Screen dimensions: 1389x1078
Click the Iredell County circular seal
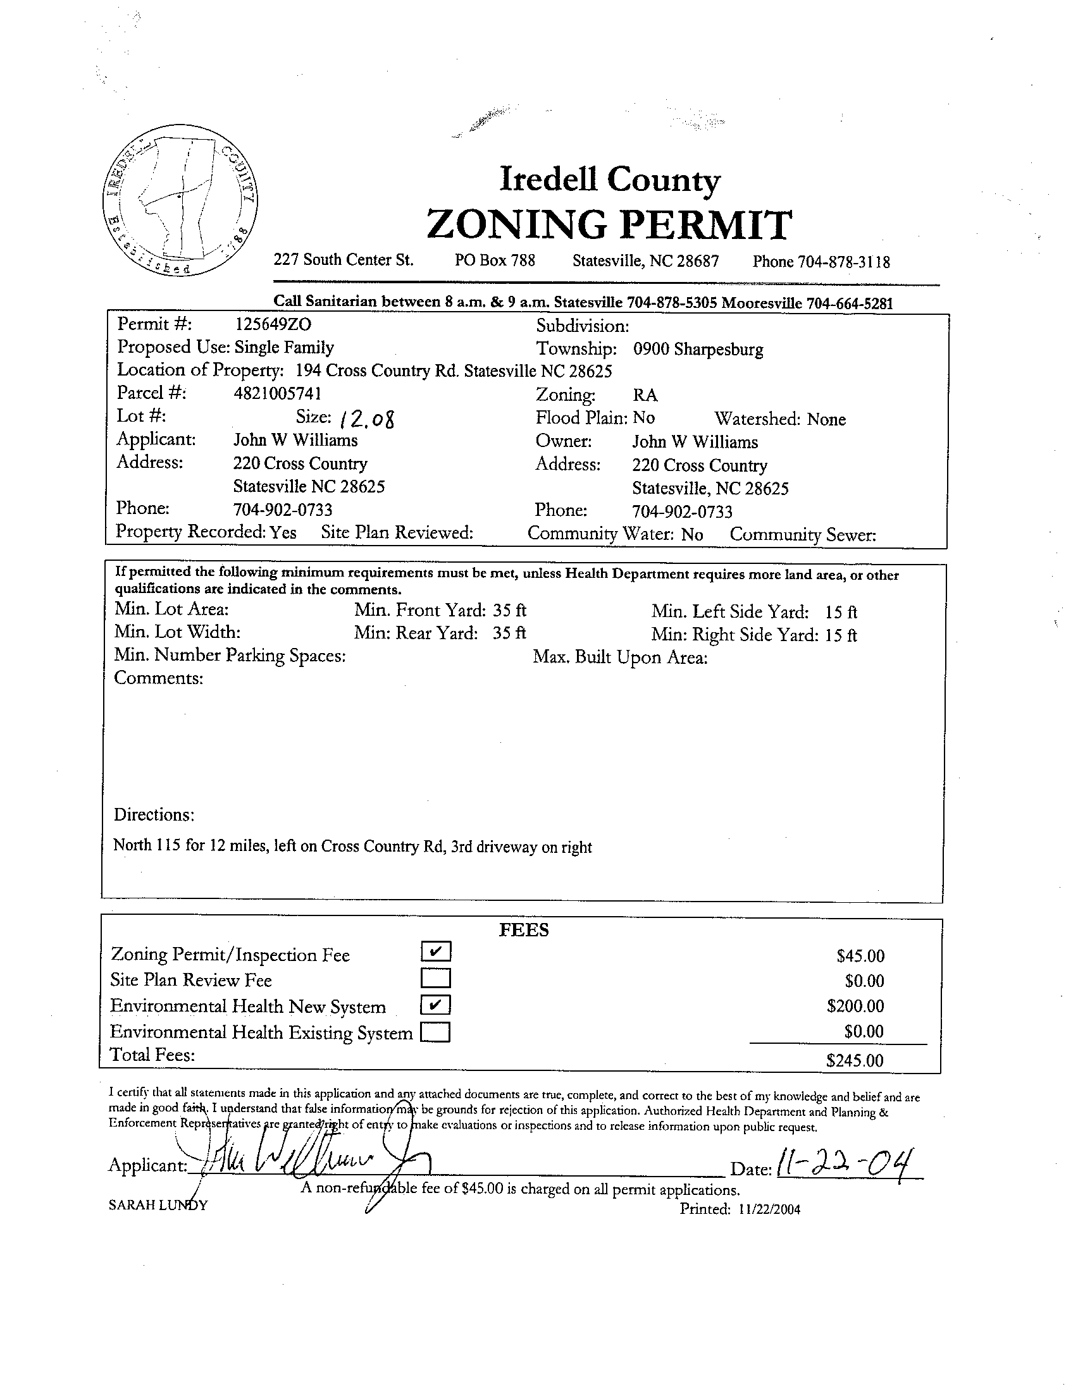click(180, 200)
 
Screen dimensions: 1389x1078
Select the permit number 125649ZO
click(273, 324)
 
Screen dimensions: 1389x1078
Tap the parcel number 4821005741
click(278, 394)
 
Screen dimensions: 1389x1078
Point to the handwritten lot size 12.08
click(367, 418)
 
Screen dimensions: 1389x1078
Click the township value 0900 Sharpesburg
click(697, 349)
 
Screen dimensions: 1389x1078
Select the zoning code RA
click(645, 395)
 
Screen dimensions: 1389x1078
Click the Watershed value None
click(826, 419)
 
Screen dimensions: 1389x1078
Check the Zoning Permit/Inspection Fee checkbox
click(436, 951)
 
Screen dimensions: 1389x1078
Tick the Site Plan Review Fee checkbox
click(436, 977)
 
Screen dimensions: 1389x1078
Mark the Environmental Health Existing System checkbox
click(436, 1031)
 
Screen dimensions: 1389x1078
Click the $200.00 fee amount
click(855, 1005)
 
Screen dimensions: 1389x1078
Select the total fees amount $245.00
click(855, 1060)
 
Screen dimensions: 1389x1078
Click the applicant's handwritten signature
click(306, 1163)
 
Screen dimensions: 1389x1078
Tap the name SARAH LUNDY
click(158, 1205)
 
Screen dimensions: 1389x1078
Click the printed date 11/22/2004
click(769, 1209)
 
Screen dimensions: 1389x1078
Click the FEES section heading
click(523, 930)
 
